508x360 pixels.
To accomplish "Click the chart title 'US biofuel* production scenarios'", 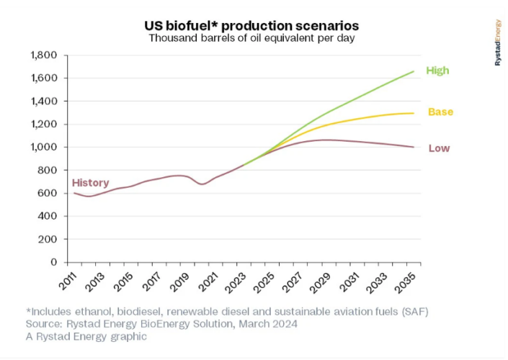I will tap(252, 24).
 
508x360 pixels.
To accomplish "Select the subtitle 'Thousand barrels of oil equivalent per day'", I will tap(252, 38).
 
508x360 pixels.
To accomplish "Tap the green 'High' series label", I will tap(437, 71).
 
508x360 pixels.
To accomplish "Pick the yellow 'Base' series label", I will tap(440, 112).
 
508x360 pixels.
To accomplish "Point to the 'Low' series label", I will tap(439, 148).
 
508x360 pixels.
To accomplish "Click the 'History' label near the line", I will tap(90, 183).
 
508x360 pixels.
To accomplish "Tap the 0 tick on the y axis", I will tap(54, 262).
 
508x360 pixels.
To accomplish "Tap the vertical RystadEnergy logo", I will tap(498, 42).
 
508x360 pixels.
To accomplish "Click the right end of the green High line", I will tap(413, 71).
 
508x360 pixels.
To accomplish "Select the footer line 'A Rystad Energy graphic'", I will tap(86, 336).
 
